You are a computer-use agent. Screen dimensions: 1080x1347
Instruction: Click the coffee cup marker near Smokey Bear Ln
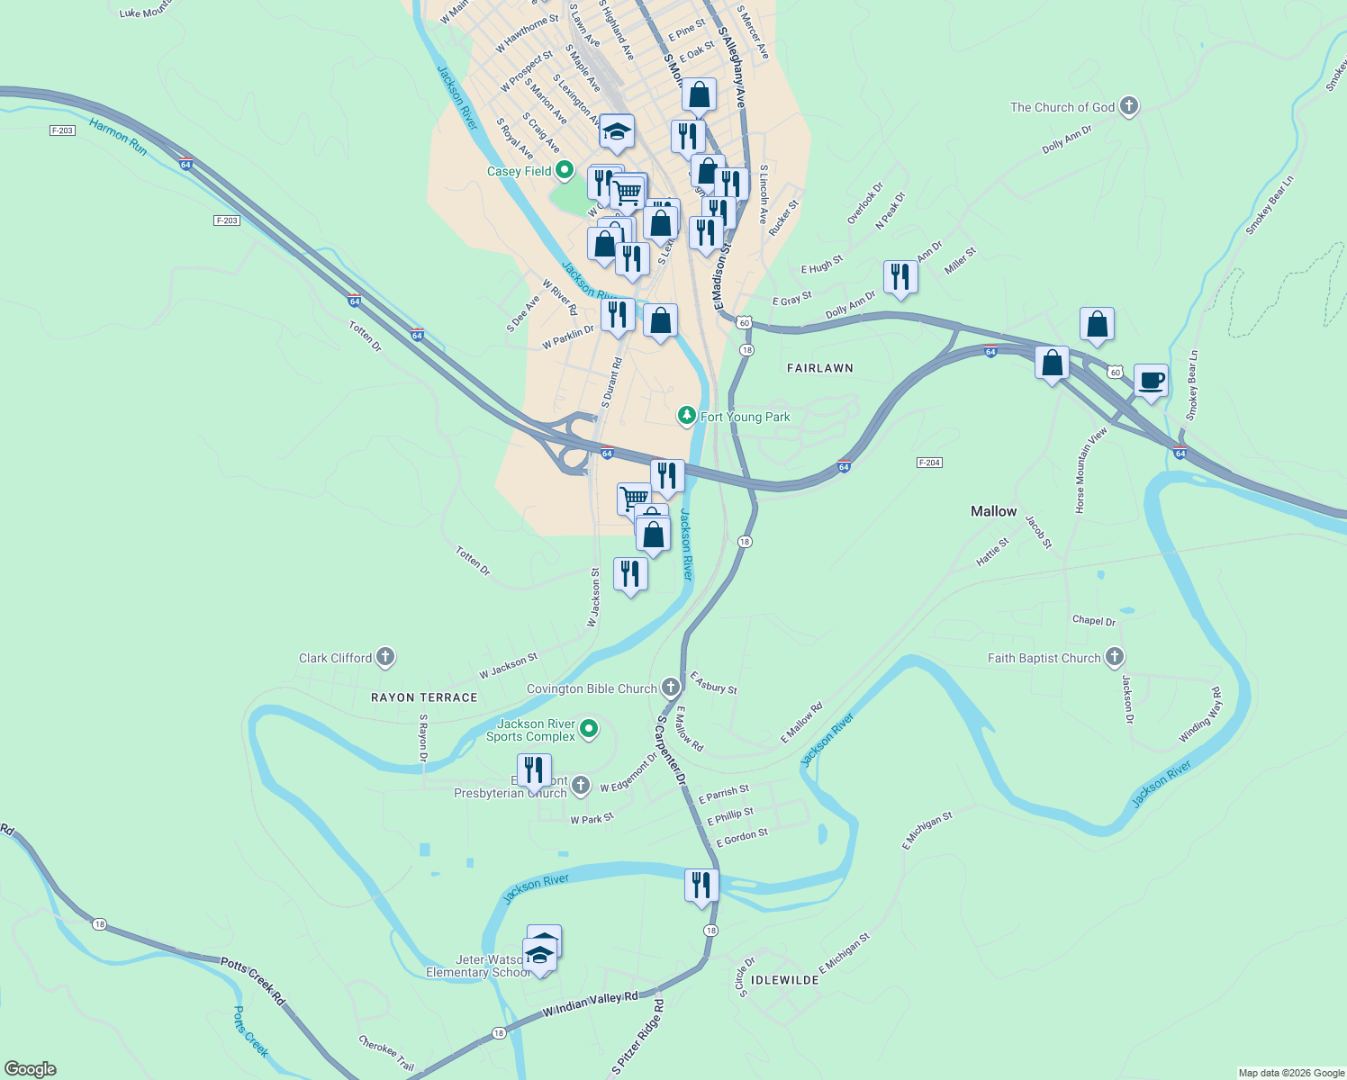[x=1151, y=381]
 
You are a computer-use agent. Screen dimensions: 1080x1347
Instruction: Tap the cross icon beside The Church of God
[x=1128, y=107]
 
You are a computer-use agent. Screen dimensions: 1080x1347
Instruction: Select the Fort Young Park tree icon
[x=687, y=416]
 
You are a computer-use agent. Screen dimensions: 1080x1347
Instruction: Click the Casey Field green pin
[x=565, y=170]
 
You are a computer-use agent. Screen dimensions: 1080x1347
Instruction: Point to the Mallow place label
[x=993, y=511]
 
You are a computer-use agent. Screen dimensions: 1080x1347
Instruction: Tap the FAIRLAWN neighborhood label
[x=819, y=368]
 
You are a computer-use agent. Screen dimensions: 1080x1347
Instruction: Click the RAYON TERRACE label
[x=424, y=697]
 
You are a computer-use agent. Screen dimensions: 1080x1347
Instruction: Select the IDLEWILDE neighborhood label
[x=785, y=979]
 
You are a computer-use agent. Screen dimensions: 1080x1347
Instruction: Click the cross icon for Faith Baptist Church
[x=1115, y=658]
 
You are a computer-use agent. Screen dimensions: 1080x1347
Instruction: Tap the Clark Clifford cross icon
[x=385, y=658]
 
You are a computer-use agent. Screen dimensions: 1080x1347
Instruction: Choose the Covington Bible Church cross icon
[x=670, y=688]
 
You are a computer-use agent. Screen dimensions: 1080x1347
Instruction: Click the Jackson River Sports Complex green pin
[x=589, y=729]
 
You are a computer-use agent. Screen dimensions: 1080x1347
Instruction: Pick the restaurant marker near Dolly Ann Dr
[x=900, y=277]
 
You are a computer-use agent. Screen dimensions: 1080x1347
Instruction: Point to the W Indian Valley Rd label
[x=590, y=1004]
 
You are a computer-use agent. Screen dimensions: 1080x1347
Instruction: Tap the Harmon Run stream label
[x=118, y=137]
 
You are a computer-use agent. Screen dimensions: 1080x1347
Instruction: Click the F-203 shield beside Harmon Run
[x=62, y=130]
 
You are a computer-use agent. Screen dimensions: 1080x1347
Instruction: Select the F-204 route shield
[x=929, y=463]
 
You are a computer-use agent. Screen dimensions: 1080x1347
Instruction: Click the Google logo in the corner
[x=30, y=1069]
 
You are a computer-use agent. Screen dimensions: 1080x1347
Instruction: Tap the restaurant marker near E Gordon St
[x=701, y=886]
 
